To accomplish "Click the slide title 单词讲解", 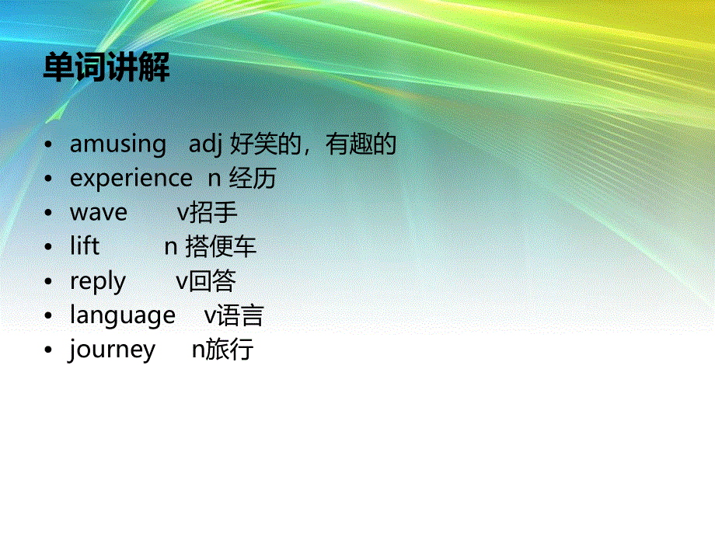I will click(106, 68).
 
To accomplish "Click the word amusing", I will click(118, 144).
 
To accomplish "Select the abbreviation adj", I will click(206, 144).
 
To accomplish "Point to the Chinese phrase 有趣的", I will click(361, 144).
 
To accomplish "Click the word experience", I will click(131, 179).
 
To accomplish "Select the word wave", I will click(99, 213).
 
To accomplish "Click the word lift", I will click(85, 247).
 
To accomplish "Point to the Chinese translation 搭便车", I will click(221, 247).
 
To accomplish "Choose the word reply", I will click(98, 281).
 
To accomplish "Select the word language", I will click(123, 315).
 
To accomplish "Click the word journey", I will click(112, 350).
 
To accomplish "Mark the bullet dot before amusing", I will click(49, 145).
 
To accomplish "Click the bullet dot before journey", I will click(49, 350).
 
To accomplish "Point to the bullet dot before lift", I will click(49, 248).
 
